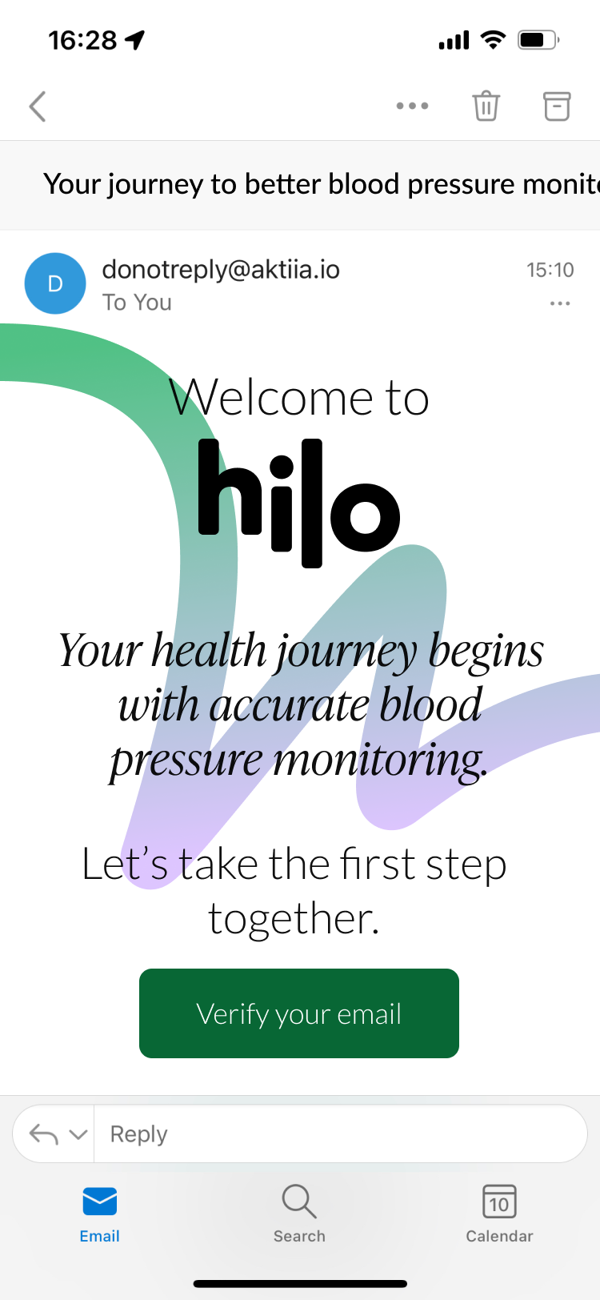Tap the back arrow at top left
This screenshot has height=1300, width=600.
coord(38,106)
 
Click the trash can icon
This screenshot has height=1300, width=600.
coord(486,106)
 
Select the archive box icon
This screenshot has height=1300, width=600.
coord(557,106)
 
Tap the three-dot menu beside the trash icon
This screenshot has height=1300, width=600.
coord(413,106)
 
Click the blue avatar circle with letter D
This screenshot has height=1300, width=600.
coord(55,283)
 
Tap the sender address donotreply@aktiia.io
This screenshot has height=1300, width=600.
coord(221,270)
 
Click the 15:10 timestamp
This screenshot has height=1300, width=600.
coord(550,270)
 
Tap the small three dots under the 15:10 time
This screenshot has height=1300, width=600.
coord(560,303)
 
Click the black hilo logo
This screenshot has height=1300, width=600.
coord(299,503)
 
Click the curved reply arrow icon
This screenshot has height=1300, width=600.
coord(44,1133)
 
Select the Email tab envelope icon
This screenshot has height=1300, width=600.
coord(100,1201)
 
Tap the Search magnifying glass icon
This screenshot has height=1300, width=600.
coord(299,1201)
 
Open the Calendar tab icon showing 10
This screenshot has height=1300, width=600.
coord(499,1201)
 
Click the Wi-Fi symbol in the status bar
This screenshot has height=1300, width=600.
coord(494,40)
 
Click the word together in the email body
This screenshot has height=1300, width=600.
coord(294,919)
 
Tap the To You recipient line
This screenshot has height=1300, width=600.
coord(137,303)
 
